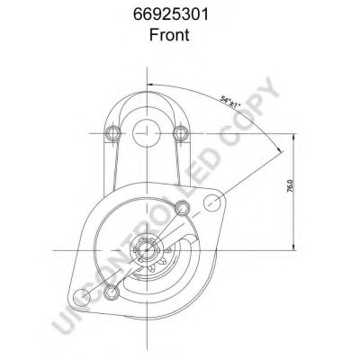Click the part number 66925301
coord(171,14)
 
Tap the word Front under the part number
coord(169,34)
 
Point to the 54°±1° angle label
coord(230,102)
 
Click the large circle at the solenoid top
coord(147,132)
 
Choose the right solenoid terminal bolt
coord(181,132)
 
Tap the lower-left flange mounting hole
coord(81,298)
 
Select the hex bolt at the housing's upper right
coord(182,208)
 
